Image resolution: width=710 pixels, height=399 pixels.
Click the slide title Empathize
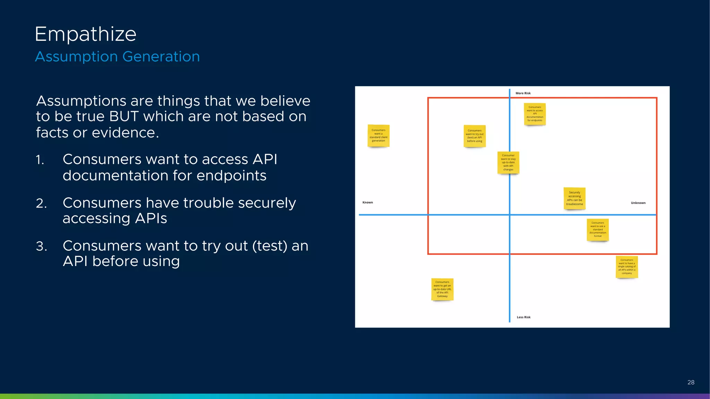click(x=85, y=34)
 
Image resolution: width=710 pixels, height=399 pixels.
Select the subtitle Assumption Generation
click(x=117, y=56)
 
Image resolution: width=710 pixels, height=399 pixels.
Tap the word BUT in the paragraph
click(x=124, y=117)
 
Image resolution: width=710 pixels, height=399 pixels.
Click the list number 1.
click(x=40, y=160)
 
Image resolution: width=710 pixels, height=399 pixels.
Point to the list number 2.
click(x=41, y=203)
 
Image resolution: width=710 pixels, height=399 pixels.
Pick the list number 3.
click(x=41, y=246)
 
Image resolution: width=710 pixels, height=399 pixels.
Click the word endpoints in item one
click(x=231, y=176)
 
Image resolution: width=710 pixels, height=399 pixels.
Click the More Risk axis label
click(x=523, y=93)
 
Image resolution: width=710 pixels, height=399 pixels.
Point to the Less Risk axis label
click(x=523, y=317)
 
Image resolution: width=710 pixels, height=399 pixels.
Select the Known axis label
click(x=367, y=202)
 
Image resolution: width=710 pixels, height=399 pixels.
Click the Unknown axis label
click(x=638, y=203)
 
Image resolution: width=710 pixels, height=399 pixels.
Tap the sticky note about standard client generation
click(x=378, y=135)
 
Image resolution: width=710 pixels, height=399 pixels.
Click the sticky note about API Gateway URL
click(x=442, y=289)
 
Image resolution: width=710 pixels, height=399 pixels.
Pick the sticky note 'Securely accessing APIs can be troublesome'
click(x=574, y=198)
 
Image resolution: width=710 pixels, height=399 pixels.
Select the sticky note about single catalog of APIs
click(x=626, y=266)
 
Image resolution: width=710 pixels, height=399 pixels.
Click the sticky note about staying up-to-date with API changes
click(x=508, y=162)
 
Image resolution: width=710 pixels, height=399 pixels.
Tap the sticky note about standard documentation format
click(x=597, y=229)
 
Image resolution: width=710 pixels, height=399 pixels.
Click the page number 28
click(x=691, y=382)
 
